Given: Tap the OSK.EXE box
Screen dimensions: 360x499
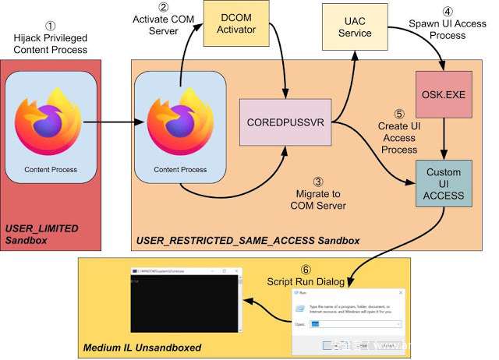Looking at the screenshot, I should point(444,92).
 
